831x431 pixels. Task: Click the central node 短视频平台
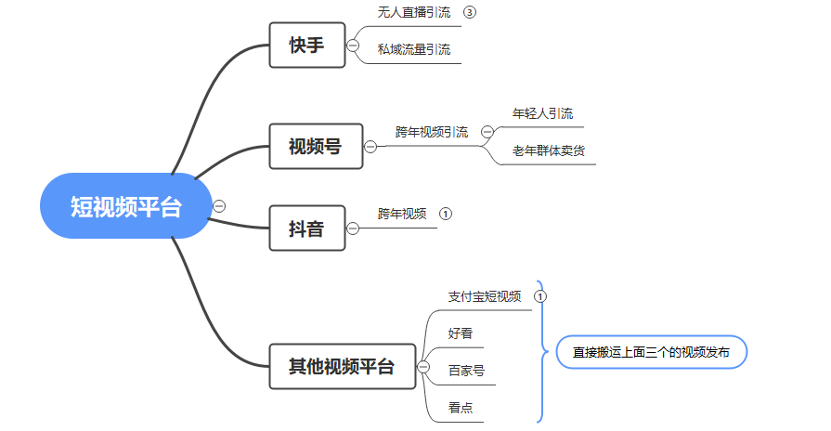[126, 206]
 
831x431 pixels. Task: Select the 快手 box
[306, 46]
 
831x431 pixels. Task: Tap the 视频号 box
[316, 146]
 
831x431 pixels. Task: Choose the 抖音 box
[306, 228]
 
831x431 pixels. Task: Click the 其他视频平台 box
[342, 366]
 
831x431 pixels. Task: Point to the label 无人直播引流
[413, 13]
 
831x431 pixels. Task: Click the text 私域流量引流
[414, 49]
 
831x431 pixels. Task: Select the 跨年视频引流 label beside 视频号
[432, 132]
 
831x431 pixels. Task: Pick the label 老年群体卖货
[549, 150]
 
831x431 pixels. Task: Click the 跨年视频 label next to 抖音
[402, 214]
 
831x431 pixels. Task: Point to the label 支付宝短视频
[485, 296]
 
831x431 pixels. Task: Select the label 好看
[461, 333]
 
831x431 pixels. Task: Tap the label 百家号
[466, 370]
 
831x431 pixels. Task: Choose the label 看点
[461, 407]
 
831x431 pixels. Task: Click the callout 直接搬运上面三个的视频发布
[651, 352]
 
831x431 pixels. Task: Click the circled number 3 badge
[470, 13]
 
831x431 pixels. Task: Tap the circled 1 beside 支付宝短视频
[541, 297]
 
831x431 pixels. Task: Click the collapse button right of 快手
[353, 46]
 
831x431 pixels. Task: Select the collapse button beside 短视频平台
[219, 206]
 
